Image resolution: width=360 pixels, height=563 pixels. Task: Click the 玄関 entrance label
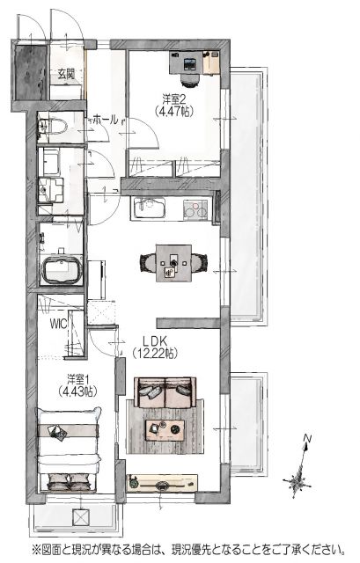(x=66, y=74)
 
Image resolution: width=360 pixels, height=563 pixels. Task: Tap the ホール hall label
(x=105, y=120)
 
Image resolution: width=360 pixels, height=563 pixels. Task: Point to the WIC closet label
(x=58, y=324)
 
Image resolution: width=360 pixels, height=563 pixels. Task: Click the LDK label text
(x=156, y=340)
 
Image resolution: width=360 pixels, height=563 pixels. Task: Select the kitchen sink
(x=150, y=208)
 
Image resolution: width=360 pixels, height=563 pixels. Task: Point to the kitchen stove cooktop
(x=195, y=209)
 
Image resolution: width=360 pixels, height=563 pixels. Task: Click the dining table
(x=173, y=263)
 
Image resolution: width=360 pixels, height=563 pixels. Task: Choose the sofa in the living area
(x=165, y=392)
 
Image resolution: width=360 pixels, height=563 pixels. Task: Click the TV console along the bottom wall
(x=162, y=483)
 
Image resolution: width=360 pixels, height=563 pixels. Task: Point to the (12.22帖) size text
(x=156, y=354)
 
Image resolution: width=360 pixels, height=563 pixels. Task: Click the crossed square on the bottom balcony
(x=80, y=518)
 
